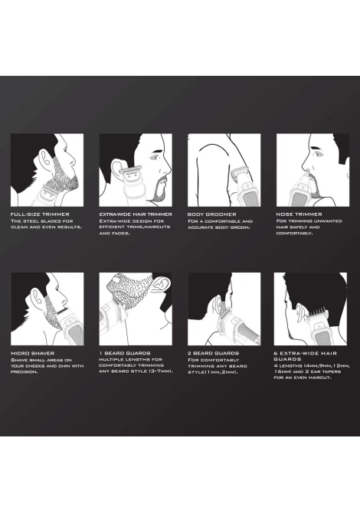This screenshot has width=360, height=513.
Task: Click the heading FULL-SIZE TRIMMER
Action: coord(40,214)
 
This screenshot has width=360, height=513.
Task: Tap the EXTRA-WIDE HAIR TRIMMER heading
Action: coord(136,214)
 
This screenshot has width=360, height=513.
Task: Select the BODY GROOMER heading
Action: coord(211,214)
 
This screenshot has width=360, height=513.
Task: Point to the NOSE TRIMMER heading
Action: coord(299,214)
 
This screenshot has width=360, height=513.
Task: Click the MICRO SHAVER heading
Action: coord(32,353)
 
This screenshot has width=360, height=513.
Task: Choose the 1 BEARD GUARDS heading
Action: coord(125,353)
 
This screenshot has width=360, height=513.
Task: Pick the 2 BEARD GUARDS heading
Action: coord(213,353)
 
